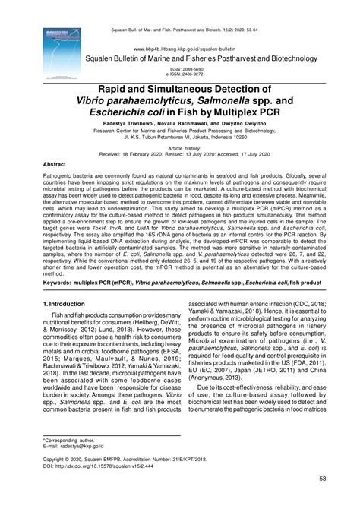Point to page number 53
tap(322, 479)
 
